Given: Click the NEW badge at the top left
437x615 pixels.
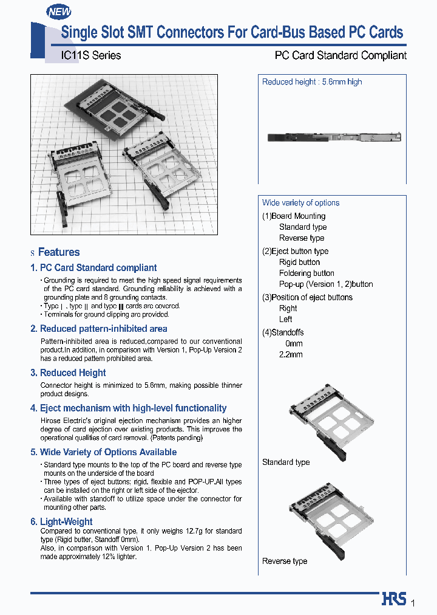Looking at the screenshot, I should click(59, 12).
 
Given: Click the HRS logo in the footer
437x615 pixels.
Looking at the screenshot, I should click(394, 599).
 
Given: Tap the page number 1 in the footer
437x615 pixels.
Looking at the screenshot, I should click(413, 602).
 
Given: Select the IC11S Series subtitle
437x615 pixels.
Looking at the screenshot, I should click(91, 55).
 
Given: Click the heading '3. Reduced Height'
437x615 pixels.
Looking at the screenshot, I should click(68, 373).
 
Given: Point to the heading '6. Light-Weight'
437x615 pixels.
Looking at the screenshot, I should click(61, 521).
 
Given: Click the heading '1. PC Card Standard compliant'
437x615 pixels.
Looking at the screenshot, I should click(93, 267).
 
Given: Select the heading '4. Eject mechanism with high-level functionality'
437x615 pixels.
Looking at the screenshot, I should click(128, 408).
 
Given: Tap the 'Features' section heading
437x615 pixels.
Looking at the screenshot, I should click(59, 252).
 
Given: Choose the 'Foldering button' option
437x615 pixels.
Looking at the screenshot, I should click(307, 273).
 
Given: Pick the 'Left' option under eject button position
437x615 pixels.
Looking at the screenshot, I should click(285, 319).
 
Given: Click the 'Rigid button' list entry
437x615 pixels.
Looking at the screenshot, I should click(299, 263).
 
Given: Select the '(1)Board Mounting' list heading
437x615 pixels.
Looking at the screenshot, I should click(294, 216).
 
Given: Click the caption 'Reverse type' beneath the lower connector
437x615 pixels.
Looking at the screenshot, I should click(285, 561).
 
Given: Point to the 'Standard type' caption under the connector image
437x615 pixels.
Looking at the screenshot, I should click(286, 462).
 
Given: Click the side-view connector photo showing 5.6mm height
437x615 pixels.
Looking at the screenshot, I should click(334, 138).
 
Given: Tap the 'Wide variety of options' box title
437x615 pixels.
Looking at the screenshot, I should click(300, 203).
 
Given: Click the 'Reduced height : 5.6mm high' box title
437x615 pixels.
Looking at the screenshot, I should click(312, 82).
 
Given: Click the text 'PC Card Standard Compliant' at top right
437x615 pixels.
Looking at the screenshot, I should click(340, 55).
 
